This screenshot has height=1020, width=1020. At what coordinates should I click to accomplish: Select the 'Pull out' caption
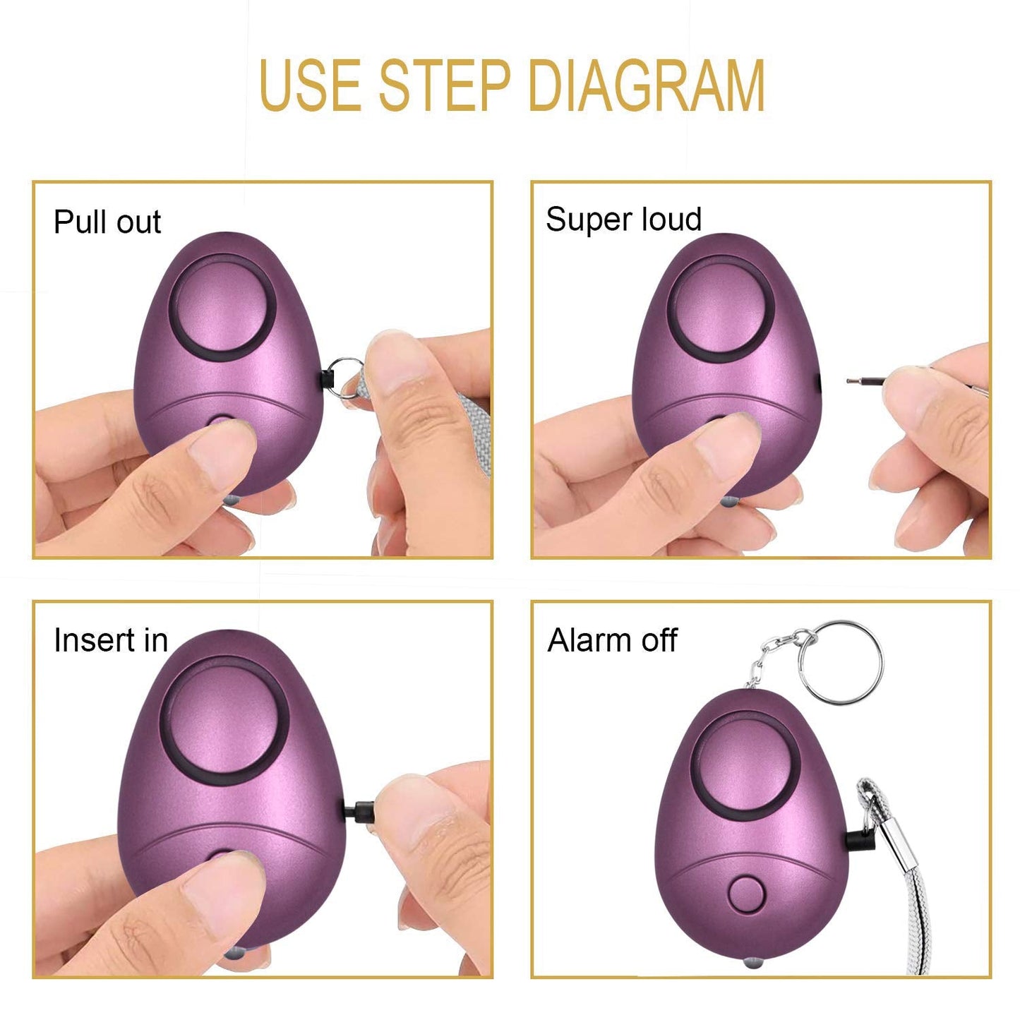coord(107,222)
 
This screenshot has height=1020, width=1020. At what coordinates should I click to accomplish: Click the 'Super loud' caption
coord(623,220)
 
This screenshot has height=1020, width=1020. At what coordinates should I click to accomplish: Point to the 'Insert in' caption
coord(111,641)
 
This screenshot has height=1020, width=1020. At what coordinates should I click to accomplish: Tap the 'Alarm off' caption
coord(612,641)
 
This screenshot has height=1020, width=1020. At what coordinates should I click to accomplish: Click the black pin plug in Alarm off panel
coord(858,841)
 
